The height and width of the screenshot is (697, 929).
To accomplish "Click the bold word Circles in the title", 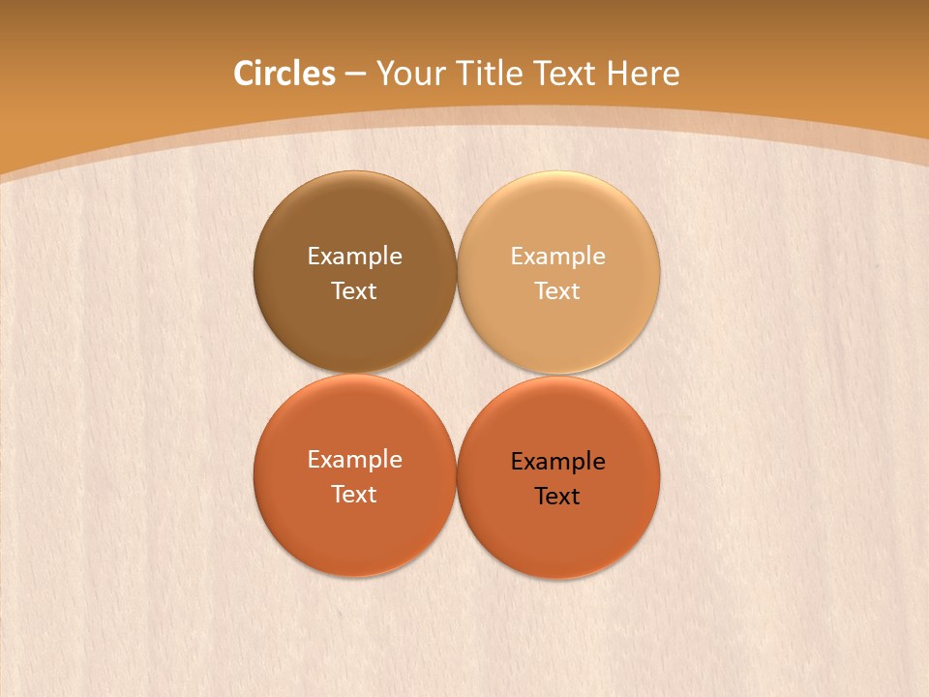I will click(x=284, y=73).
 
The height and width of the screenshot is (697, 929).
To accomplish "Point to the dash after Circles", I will click(x=355, y=74).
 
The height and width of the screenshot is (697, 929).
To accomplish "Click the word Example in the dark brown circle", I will click(x=354, y=257).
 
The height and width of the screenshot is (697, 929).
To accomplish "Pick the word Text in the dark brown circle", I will click(x=354, y=291).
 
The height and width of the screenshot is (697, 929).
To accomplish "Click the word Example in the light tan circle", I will click(x=557, y=257).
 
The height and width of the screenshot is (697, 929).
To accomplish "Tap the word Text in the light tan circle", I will click(x=557, y=291).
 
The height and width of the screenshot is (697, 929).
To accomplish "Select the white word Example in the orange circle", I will click(x=354, y=460).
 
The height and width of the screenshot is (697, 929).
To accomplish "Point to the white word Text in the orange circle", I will click(x=354, y=495).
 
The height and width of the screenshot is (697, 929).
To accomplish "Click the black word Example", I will click(x=557, y=462).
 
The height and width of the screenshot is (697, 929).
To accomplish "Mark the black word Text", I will click(x=557, y=497).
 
